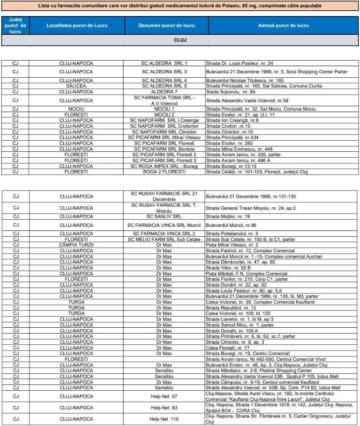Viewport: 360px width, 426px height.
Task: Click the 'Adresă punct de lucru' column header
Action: [283, 26]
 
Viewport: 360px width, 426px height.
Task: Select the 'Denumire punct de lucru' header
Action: [166, 26]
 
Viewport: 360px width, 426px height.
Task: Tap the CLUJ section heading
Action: [180, 40]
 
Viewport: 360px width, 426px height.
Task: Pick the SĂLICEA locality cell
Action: [76, 86]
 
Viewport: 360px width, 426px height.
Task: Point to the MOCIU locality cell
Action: [76, 109]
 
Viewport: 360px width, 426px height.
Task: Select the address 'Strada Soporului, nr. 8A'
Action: [233, 92]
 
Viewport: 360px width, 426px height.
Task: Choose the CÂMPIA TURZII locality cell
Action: [76, 245]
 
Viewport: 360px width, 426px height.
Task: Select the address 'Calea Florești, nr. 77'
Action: [228, 347]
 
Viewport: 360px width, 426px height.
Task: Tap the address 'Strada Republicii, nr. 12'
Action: [231, 308]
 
